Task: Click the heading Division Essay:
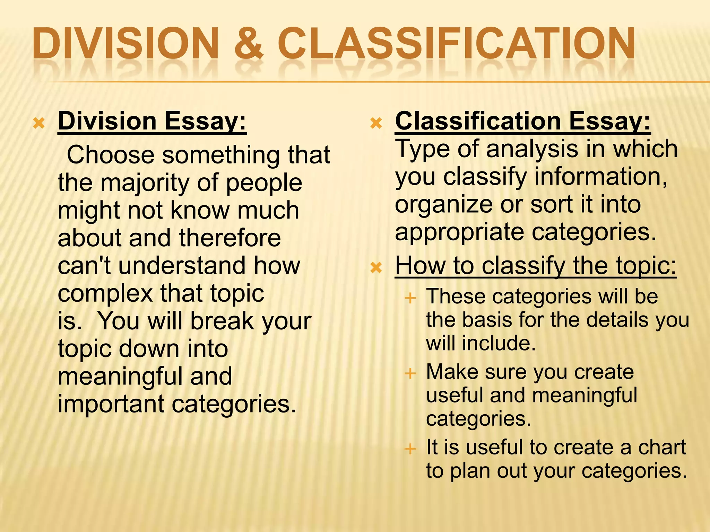(x=152, y=121)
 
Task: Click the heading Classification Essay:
(x=523, y=121)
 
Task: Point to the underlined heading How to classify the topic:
(x=536, y=266)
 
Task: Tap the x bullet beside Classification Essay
(x=376, y=123)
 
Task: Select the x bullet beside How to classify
(x=376, y=267)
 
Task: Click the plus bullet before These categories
(x=410, y=298)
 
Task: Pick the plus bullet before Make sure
(x=410, y=373)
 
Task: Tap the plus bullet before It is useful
(x=410, y=449)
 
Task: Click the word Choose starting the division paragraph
(x=111, y=155)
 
